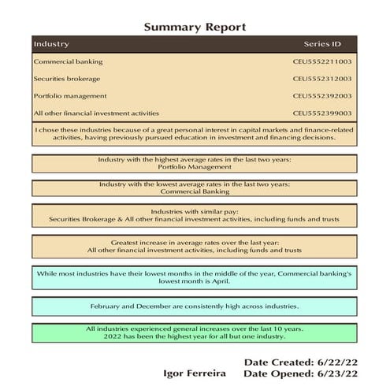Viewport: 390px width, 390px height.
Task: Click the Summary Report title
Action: [x=195, y=27]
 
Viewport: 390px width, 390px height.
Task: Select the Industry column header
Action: [x=51, y=44]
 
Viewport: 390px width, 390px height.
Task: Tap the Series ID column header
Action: [x=322, y=44]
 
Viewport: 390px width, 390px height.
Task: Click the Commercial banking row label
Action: [x=68, y=61]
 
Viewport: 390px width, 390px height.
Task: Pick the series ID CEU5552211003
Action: [x=322, y=61]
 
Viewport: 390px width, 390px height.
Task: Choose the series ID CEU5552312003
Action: [x=322, y=79]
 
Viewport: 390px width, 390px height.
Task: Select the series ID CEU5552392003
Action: [x=322, y=96]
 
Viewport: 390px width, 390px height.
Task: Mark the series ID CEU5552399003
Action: [x=322, y=113]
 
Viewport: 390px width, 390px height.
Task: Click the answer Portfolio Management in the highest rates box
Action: [x=194, y=167]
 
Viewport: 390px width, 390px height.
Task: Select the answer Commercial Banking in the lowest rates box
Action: [x=194, y=191]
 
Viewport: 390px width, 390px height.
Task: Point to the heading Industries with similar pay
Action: [x=194, y=211]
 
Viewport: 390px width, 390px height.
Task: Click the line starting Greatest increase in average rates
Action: [x=194, y=243]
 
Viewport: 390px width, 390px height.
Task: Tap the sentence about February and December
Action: [x=194, y=306]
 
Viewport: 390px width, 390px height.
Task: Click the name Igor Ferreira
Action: [x=195, y=373]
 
